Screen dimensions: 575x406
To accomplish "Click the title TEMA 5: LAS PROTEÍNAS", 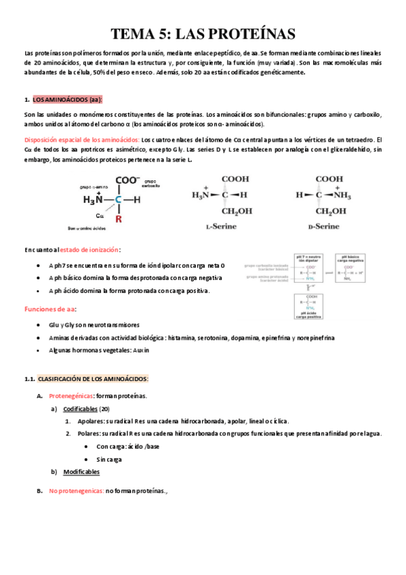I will (203, 34).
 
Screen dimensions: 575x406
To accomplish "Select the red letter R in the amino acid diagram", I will (119, 219).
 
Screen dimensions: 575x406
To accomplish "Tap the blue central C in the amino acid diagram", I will (118, 200).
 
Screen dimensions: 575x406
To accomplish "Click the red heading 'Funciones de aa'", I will (50, 309).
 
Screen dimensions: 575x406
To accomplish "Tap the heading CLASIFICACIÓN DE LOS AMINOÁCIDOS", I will (93, 378).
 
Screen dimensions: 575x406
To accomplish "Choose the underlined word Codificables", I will (80, 409).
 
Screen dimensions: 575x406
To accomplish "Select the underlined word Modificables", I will (81, 471).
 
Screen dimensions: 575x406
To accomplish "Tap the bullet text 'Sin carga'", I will (109, 459).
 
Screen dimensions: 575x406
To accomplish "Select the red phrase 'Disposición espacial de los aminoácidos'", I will (81, 139).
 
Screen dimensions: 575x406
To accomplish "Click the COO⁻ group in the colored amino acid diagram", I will (127, 181).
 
